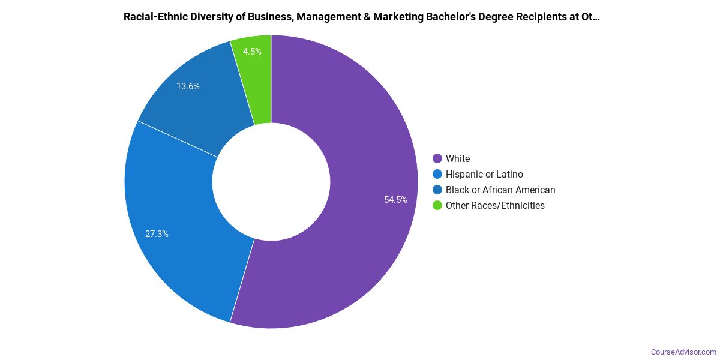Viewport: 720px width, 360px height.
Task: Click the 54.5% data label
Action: pos(396,200)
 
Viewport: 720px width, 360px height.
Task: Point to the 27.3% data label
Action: pos(157,234)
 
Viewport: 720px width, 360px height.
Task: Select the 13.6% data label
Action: pos(188,86)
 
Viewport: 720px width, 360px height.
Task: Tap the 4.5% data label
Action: pos(252,52)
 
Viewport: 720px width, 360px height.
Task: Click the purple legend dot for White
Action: pos(437,158)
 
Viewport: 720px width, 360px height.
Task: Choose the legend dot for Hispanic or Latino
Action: pos(437,174)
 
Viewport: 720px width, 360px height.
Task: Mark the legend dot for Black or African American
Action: pos(437,190)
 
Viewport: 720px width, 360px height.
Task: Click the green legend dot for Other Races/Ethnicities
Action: pos(437,205)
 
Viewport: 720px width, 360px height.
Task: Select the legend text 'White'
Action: pos(458,158)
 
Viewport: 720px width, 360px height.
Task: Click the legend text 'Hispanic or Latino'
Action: pos(484,174)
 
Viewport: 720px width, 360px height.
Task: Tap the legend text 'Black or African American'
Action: pos(500,190)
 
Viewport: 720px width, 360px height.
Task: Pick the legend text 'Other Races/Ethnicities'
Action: pos(495,205)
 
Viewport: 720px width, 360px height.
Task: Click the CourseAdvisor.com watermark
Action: pos(683,352)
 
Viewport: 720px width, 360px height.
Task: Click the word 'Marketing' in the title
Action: pos(398,17)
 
